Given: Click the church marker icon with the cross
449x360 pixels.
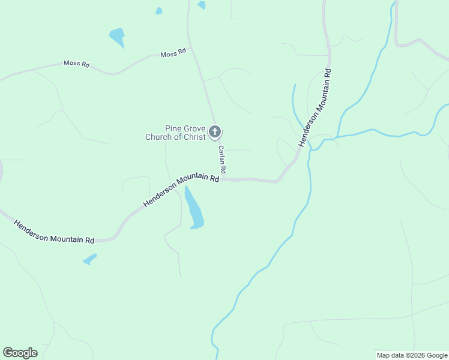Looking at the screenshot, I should click(215, 132).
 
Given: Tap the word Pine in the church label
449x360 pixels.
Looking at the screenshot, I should click(174, 128).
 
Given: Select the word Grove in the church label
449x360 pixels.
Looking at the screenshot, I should click(194, 128).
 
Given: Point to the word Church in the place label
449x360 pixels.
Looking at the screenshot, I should click(158, 137).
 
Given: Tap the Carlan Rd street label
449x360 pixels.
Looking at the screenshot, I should click(221, 160).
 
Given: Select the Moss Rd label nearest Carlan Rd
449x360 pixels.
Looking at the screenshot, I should click(173, 54).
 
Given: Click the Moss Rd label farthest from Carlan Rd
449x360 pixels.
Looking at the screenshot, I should click(77, 64).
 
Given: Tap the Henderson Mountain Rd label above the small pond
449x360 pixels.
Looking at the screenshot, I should click(54, 230).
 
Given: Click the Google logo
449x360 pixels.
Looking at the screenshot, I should click(20, 353).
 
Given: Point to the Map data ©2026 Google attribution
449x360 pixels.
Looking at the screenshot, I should click(412, 355).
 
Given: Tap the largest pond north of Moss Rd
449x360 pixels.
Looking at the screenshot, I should click(117, 37).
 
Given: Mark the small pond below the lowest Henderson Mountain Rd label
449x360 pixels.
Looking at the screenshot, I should click(90, 259).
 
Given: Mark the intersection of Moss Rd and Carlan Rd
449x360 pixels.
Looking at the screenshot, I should click(190, 47).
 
